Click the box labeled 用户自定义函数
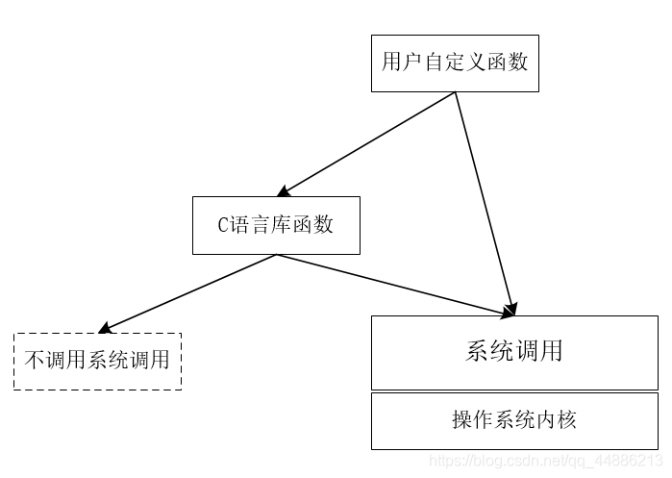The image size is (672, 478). pyautogui.click(x=455, y=63)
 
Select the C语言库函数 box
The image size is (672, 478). pyautogui.click(x=276, y=225)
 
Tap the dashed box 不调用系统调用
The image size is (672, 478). pyautogui.click(x=97, y=361)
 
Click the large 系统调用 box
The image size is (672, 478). pyautogui.click(x=514, y=351)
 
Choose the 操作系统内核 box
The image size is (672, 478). pyautogui.click(x=514, y=420)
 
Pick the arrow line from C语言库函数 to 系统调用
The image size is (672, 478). pyautogui.click(x=394, y=284)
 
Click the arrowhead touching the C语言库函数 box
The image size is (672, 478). pyautogui.click(x=284, y=191)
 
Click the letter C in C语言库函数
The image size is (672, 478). pyautogui.click(x=223, y=226)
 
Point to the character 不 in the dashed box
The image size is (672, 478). pyautogui.click(x=34, y=362)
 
